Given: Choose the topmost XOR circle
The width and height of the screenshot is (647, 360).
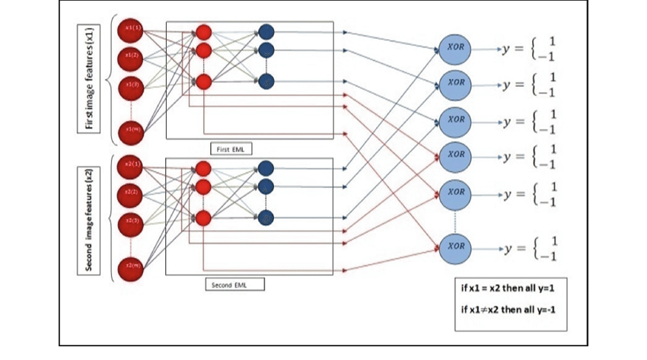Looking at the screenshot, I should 456,48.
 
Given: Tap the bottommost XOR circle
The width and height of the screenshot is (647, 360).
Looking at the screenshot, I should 456,247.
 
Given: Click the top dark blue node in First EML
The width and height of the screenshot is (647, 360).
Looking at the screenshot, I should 266,32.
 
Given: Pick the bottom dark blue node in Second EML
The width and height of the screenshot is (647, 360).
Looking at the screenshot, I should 266,216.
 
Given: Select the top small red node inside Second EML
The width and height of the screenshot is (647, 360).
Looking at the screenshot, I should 203,168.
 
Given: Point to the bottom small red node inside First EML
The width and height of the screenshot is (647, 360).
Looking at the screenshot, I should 203,81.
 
